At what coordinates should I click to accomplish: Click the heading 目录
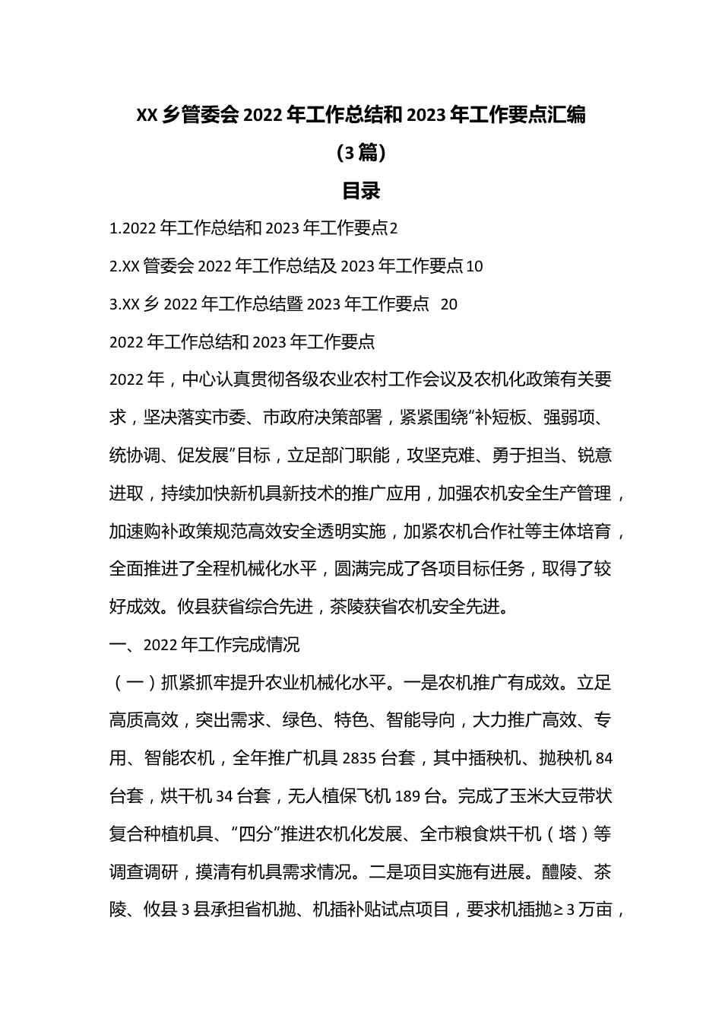(x=361, y=191)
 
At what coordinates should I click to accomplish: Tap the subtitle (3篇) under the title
(x=361, y=153)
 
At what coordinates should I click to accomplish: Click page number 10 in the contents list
(x=473, y=266)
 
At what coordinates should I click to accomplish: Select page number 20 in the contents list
(x=449, y=304)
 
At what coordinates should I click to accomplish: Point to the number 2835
(x=359, y=758)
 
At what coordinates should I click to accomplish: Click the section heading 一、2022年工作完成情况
(x=204, y=645)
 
